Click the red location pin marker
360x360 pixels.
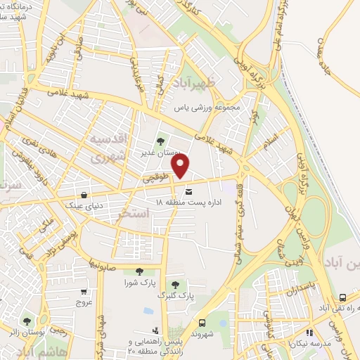point(181,166)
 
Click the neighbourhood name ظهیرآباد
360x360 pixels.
point(201,83)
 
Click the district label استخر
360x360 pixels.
point(136,212)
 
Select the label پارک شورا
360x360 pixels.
point(136,283)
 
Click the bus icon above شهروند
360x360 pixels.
point(203,323)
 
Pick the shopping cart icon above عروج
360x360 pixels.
point(84,291)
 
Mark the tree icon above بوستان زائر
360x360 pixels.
point(27,321)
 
